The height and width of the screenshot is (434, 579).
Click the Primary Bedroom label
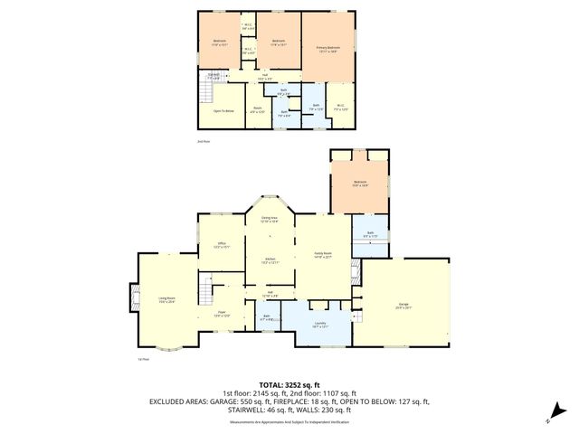click(x=327, y=49)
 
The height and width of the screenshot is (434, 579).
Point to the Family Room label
click(x=324, y=254)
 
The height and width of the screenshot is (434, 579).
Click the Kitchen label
click(x=270, y=260)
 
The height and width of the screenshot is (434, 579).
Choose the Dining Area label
click(x=270, y=220)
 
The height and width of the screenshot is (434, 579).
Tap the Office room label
click(x=222, y=244)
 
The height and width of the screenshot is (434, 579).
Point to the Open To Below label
click(x=223, y=111)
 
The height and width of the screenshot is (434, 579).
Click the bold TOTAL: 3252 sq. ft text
click(x=289, y=384)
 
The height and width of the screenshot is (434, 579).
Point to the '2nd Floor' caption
click(x=203, y=143)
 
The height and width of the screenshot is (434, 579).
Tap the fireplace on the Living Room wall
click(x=135, y=297)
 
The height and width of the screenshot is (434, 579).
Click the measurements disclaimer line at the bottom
click(x=289, y=422)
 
